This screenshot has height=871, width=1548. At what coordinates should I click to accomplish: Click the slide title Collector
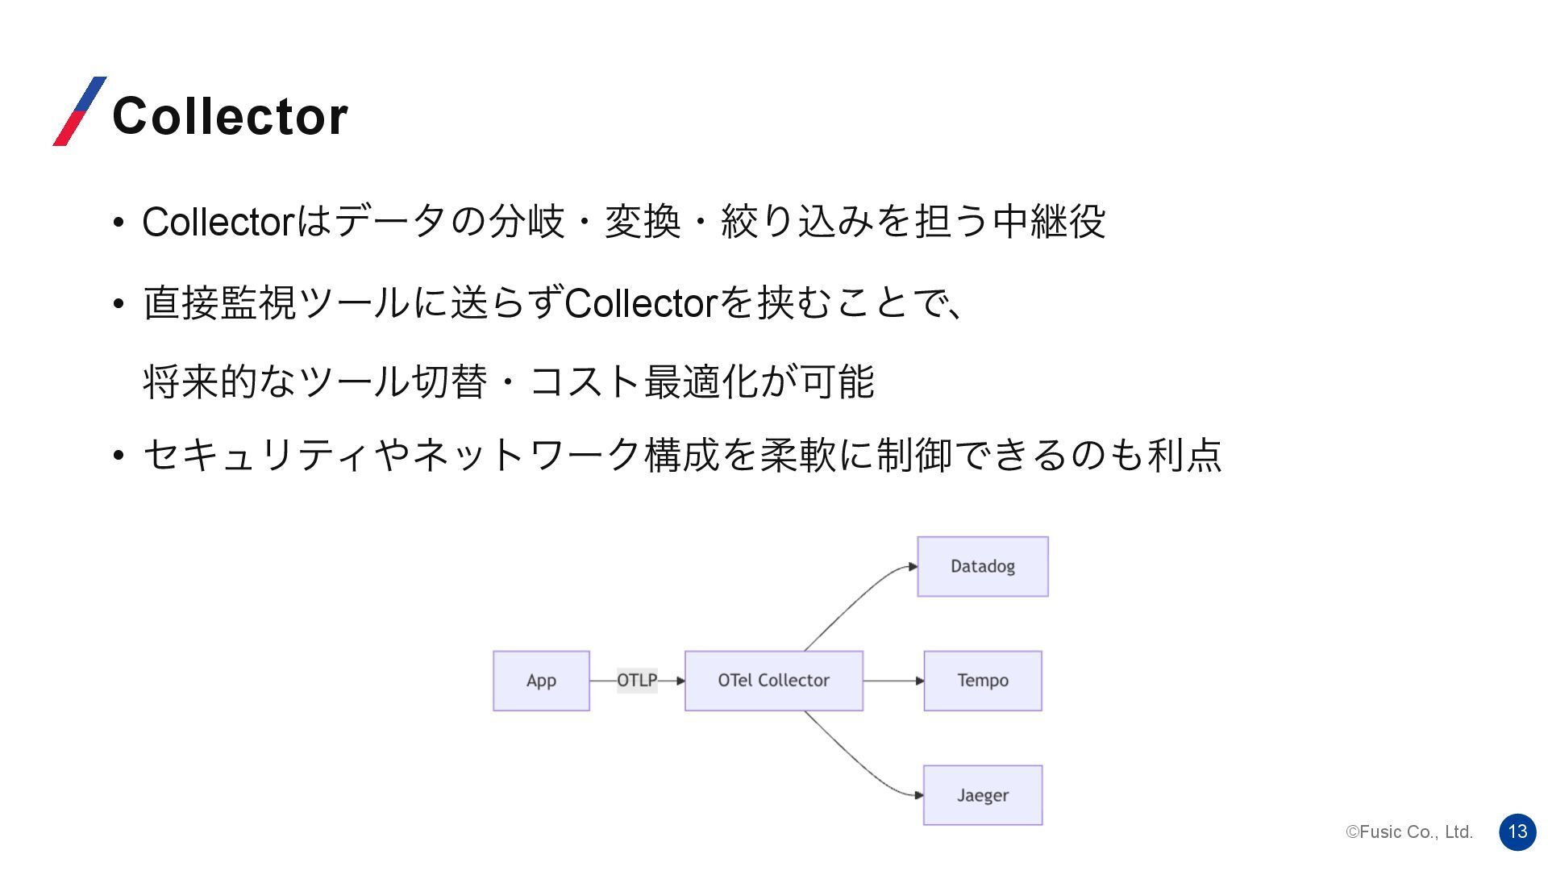230,115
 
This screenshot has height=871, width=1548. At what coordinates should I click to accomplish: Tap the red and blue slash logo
79,111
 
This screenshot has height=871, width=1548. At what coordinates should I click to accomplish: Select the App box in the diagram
541,681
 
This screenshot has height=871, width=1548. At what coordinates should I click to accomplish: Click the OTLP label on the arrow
637,681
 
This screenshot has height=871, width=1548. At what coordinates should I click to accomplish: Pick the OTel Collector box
773,681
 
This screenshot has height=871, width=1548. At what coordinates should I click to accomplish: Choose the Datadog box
982,566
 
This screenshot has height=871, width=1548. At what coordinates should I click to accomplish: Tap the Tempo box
982,681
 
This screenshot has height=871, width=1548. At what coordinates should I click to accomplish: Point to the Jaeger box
982,795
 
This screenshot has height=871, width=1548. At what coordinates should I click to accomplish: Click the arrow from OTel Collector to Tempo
893,681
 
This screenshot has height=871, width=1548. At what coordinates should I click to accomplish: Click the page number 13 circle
1517,831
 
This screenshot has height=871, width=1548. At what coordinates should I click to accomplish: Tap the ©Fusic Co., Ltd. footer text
1409,832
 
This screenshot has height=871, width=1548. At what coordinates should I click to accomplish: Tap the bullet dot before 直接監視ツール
119,305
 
